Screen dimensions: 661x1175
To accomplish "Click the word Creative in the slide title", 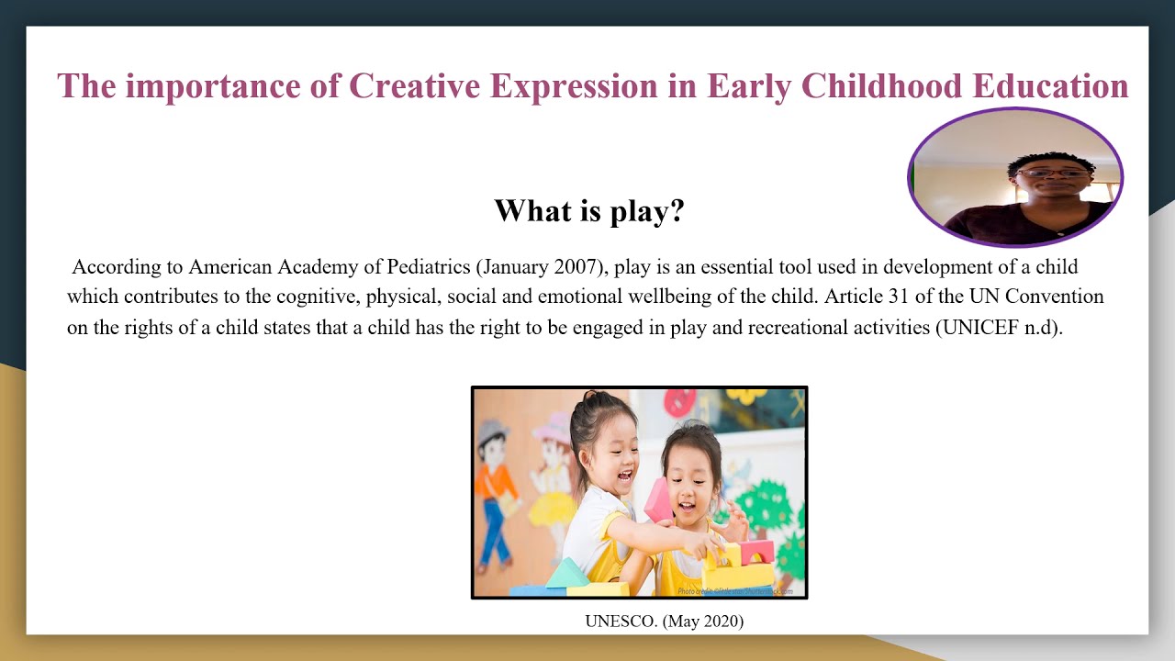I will [x=415, y=85].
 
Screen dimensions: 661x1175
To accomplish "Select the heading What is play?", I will [x=589, y=211].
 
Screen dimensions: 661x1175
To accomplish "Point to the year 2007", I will [x=577, y=267].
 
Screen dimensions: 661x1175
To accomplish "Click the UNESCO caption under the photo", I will [x=664, y=622].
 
